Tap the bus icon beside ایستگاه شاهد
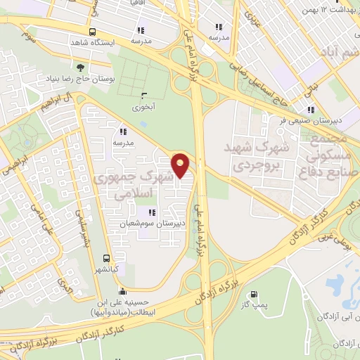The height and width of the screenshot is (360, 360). [93, 32]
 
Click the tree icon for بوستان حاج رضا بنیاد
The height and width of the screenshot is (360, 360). [81, 67]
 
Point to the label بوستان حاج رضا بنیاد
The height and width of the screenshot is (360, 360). [81, 79]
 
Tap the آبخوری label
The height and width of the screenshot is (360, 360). [144, 108]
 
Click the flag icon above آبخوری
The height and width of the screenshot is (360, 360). [144, 96]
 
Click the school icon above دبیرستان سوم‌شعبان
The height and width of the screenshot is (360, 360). [150, 212]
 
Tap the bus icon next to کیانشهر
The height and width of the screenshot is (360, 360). [106, 258]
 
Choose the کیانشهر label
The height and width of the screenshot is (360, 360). [106, 269]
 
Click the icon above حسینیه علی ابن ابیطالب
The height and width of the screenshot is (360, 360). [123, 292]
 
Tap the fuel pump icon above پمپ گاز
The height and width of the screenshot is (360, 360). [253, 295]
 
